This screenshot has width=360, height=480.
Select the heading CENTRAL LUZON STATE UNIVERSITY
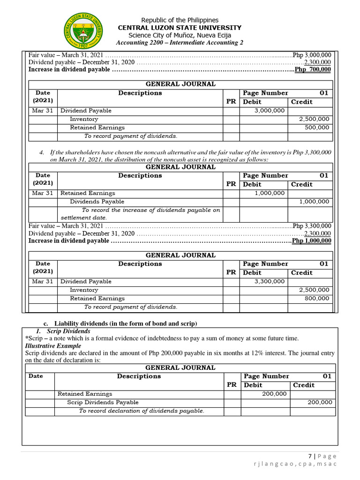[x=180, y=28]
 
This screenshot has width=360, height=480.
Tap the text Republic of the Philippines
[x=180, y=20]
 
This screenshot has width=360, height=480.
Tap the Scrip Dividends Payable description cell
[x=103, y=402]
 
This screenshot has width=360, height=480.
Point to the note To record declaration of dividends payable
[x=142, y=411]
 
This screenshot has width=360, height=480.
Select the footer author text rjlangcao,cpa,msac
[x=294, y=464]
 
